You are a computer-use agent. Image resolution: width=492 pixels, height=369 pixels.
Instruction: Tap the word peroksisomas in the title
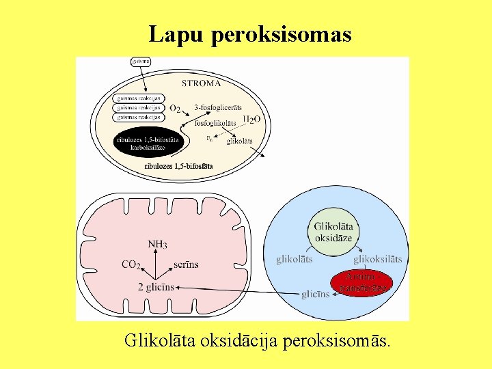click(x=282, y=34)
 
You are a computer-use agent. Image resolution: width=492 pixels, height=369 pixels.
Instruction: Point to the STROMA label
click(x=201, y=83)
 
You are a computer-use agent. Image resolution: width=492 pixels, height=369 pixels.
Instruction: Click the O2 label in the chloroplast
click(x=175, y=109)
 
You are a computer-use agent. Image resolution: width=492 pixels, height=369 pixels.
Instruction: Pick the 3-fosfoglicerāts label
click(x=217, y=108)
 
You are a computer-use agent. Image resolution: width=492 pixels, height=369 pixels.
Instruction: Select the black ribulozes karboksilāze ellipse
click(x=149, y=143)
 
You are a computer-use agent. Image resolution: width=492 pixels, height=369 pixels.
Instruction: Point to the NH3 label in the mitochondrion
click(x=157, y=244)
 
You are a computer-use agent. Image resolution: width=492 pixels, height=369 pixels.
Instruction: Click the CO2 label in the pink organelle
click(x=131, y=264)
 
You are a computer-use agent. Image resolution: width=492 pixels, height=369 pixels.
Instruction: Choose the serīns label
click(x=186, y=264)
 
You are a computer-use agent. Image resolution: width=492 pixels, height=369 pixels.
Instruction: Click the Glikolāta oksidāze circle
click(x=333, y=232)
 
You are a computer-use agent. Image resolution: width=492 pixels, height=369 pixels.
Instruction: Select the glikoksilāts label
click(x=377, y=259)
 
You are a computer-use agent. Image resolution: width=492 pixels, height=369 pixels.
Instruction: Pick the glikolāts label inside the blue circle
click(x=295, y=259)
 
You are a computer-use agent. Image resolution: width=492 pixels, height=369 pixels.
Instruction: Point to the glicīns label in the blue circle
click(x=315, y=295)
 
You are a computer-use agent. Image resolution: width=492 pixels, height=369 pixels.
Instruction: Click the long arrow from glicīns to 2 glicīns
click(x=239, y=291)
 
